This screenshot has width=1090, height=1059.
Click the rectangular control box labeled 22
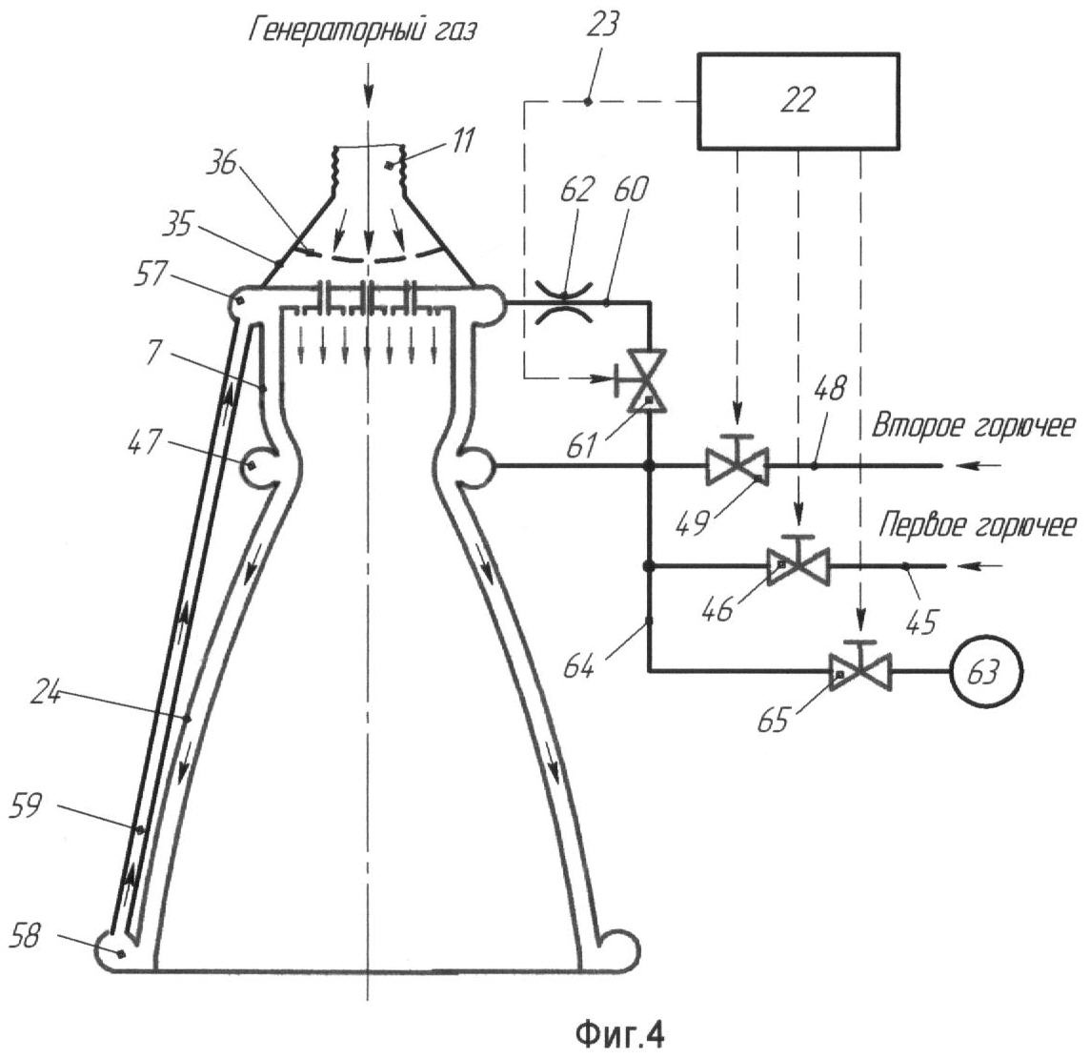pyautogui.click(x=797, y=101)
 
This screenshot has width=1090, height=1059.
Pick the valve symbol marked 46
pyautogui.click(x=798, y=566)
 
